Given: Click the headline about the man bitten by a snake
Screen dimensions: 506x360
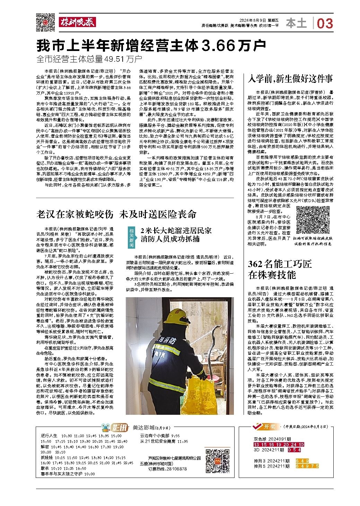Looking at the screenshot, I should [116, 214].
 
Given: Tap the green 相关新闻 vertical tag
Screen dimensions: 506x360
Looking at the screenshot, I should [131, 237].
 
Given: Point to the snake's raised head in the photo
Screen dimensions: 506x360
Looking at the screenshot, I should [219, 327].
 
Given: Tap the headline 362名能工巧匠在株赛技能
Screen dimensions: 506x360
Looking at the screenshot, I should [280, 269].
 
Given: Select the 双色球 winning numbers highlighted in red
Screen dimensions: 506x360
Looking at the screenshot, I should [279, 445].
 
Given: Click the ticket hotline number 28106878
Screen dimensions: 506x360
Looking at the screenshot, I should [177, 469].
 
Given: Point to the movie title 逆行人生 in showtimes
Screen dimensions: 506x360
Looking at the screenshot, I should [49, 435].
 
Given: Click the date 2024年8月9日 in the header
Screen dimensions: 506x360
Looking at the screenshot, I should [253, 20].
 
